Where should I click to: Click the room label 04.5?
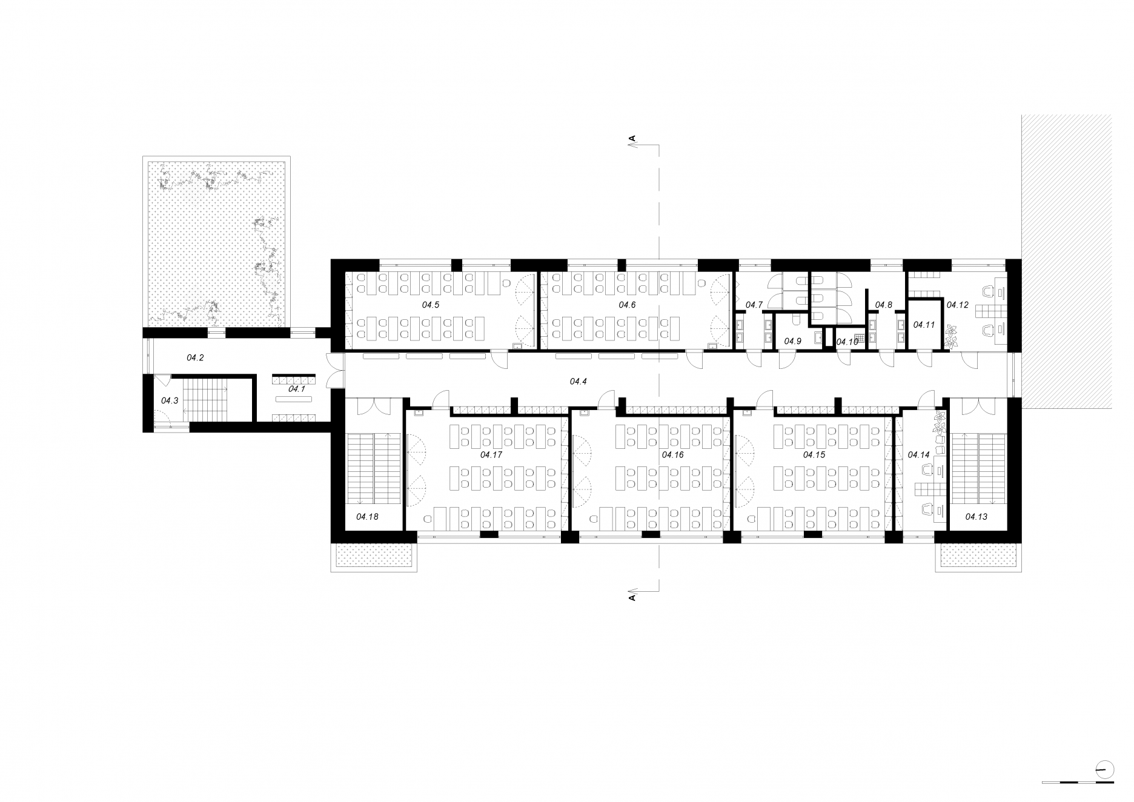(431, 305)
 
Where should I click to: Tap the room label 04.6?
(627, 305)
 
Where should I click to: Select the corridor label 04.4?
(579, 381)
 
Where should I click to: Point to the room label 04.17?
(491, 454)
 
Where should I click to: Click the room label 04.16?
(672, 454)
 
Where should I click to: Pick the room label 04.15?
(814, 454)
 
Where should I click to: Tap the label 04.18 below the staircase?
(367, 517)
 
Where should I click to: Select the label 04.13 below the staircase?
(976, 517)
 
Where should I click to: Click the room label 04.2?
(195, 358)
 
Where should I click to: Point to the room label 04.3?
(170, 400)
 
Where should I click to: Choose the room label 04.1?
(297, 389)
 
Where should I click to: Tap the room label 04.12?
(958, 305)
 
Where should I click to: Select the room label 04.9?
(793, 341)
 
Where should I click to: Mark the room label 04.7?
(754, 305)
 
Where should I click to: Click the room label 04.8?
(884, 305)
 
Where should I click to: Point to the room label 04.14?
(918, 454)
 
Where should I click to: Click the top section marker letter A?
(632, 139)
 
